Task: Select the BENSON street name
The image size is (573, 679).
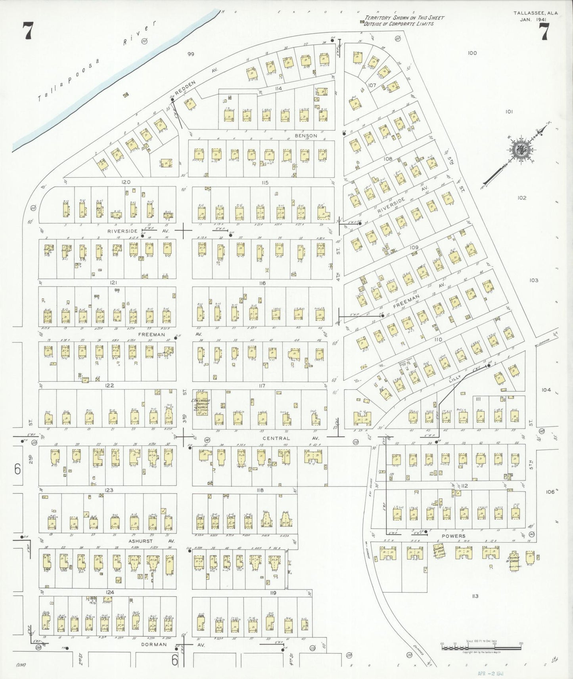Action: [x=306, y=135]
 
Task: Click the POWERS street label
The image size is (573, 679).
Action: [x=454, y=536]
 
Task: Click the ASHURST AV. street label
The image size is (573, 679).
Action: [x=151, y=540]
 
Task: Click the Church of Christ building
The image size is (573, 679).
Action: [x=514, y=559]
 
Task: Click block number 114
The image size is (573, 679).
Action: [x=278, y=88]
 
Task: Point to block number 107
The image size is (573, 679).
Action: [x=372, y=85]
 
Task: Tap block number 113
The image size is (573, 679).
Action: [x=475, y=596]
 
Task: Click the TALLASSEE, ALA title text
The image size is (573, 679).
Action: [x=535, y=13]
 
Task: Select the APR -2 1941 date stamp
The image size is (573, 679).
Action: [x=491, y=673]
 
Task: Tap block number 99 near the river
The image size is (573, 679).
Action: [x=191, y=54]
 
